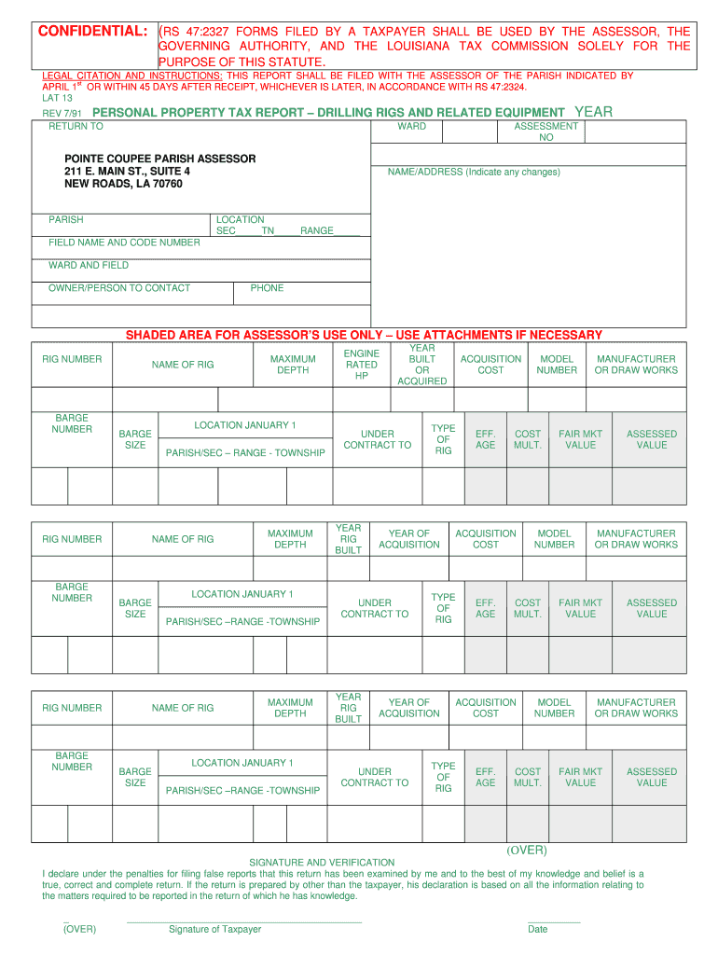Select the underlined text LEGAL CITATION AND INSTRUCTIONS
tap(131, 76)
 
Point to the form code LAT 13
tap(57, 97)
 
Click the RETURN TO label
tap(76, 126)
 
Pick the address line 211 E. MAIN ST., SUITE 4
tap(127, 172)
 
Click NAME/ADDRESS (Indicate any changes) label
tap(474, 172)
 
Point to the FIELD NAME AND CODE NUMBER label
tap(124, 242)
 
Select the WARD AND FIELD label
tap(89, 265)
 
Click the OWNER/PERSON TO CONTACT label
tap(118, 288)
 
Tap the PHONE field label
tap(267, 288)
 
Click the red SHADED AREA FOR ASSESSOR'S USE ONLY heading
tap(364, 335)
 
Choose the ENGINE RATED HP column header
tap(362, 365)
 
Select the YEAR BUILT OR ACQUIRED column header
tap(421, 365)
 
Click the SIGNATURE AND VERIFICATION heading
tap(322, 862)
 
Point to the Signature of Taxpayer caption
tap(214, 929)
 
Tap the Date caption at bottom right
tap(537, 929)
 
